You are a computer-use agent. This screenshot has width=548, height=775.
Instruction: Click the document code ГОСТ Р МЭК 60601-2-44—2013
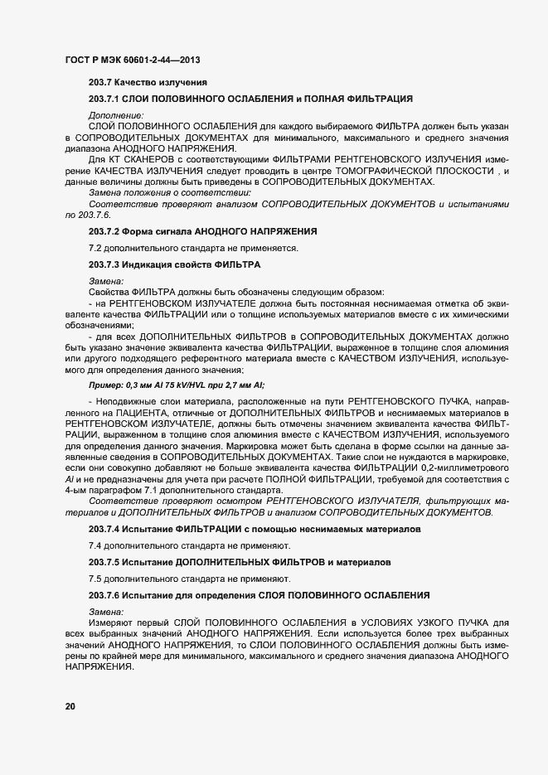pyautogui.click(x=132, y=60)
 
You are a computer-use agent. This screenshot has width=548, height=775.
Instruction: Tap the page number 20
pyautogui.click(x=70, y=706)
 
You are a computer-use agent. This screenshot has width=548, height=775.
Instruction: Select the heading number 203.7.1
pyautogui.click(x=105, y=99)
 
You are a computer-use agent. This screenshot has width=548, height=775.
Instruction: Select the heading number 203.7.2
pyautogui.click(x=105, y=229)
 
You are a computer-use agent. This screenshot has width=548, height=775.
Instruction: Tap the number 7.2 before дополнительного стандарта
pyautogui.click(x=95, y=248)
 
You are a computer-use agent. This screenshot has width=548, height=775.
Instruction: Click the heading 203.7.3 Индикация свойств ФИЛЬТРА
pyautogui.click(x=175, y=264)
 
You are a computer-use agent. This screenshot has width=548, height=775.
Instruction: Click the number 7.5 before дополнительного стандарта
pyautogui.click(x=95, y=578)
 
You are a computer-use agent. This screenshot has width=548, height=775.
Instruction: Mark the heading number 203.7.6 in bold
pyautogui.click(x=105, y=594)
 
